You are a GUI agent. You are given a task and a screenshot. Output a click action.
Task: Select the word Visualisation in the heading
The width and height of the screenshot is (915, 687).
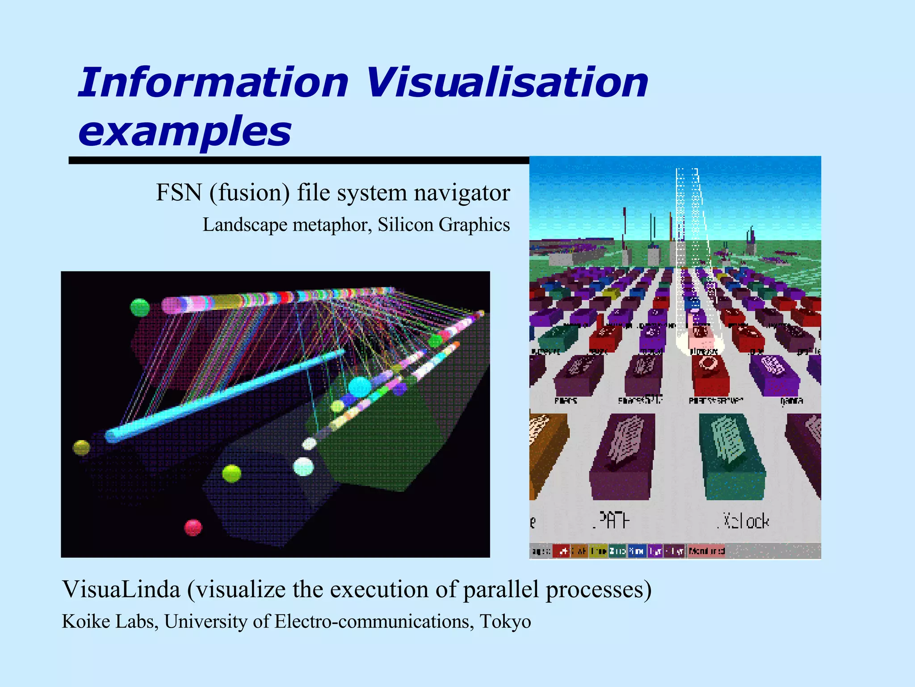coord(507,82)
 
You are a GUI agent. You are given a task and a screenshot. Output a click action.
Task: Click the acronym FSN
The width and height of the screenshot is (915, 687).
coord(179,193)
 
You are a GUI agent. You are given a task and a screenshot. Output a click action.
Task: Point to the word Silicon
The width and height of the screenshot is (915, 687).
coord(406,225)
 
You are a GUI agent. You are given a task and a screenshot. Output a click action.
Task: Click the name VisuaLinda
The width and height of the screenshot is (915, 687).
coord(121,589)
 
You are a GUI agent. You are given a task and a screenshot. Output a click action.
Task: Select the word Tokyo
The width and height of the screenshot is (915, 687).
coord(505,621)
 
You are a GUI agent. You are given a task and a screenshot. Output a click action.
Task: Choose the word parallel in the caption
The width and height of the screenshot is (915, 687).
coord(501,589)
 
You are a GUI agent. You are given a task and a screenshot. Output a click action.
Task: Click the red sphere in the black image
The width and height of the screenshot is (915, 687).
coord(193,528)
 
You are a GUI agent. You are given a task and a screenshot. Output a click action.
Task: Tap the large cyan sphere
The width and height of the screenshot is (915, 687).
coord(360,387)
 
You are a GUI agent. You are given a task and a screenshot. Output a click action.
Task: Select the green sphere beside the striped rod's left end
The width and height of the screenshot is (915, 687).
coord(139,307)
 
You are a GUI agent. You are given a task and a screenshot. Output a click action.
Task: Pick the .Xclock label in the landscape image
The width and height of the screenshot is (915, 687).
coord(744,522)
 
